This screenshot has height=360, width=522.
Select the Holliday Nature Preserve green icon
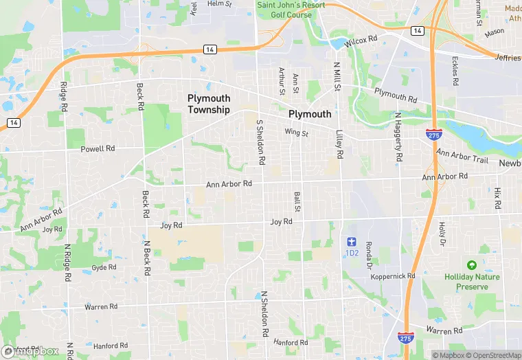point(471,265)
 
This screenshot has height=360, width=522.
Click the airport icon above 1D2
point(352,242)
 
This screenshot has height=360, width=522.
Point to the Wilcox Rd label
point(361,42)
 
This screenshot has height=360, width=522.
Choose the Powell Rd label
point(98,148)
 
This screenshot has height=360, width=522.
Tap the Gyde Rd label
point(104,267)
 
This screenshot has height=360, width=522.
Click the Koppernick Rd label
point(393,276)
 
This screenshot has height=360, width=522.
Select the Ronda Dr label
point(369,255)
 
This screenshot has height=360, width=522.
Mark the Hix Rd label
point(497,198)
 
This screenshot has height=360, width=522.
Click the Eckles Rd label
point(455,71)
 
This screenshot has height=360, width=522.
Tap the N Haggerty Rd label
point(398,137)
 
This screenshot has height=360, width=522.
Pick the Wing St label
point(297,133)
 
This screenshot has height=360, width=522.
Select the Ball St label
point(297,201)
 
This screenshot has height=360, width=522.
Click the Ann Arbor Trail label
point(462,157)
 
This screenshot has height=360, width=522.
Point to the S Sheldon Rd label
point(260,142)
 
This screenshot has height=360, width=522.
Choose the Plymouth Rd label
point(396,95)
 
